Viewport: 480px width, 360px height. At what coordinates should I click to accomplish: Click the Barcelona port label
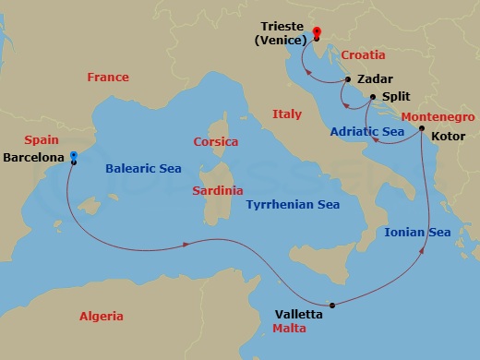coord(34,158)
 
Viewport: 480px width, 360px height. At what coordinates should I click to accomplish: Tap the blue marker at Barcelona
coord(74,157)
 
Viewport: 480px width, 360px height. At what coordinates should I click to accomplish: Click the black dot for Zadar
coord(347,80)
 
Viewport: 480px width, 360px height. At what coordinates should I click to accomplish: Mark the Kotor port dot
coord(421,128)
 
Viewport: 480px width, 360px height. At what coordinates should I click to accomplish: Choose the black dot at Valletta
coord(330,305)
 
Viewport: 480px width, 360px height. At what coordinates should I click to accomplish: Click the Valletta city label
coord(299,314)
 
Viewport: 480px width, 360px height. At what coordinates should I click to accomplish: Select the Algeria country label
coord(102,316)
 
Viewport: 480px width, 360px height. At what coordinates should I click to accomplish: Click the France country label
coord(108,78)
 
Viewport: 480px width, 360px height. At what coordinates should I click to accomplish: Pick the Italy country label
coord(287,114)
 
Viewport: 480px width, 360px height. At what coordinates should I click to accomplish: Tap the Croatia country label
coord(363,55)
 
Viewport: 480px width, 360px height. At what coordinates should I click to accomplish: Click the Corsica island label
coord(216,142)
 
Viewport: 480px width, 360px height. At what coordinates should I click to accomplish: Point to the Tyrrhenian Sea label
coord(293,205)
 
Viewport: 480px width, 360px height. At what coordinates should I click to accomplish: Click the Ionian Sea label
coord(417,232)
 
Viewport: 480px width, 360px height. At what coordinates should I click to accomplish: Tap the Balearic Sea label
coord(143,168)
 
